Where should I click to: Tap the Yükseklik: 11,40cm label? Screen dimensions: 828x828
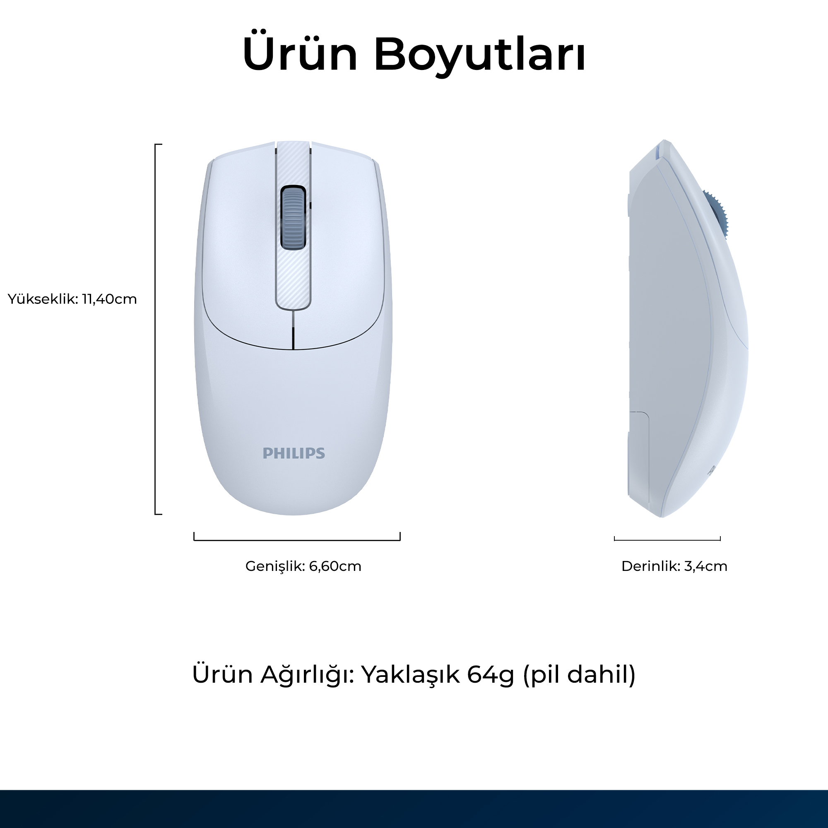pyautogui.click(x=72, y=299)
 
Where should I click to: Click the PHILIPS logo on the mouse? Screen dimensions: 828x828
pyautogui.click(x=294, y=453)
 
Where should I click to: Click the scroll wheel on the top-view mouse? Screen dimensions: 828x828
pyautogui.click(x=293, y=217)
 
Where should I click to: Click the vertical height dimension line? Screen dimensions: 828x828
pyautogui.click(x=156, y=329)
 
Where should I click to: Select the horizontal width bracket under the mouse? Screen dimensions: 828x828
pyautogui.click(x=297, y=540)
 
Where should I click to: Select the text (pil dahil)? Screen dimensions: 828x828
pyautogui.click(x=580, y=674)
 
